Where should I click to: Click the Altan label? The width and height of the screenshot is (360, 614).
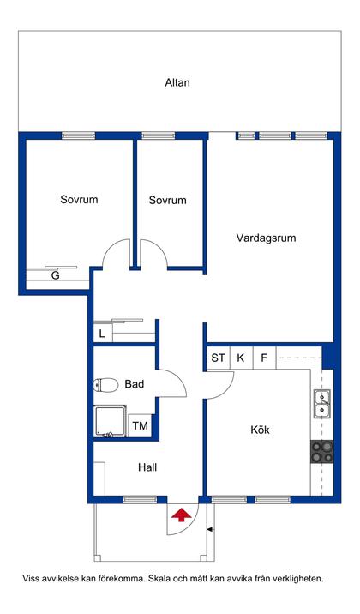point(177,83)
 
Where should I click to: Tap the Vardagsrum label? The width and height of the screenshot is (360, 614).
point(266,238)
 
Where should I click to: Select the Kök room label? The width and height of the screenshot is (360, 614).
point(260,429)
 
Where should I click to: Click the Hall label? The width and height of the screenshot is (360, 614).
point(147,467)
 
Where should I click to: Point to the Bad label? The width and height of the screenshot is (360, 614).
point(135,384)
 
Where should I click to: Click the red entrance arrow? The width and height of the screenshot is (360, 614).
point(181,515)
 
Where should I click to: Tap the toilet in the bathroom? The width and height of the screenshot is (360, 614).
point(107,385)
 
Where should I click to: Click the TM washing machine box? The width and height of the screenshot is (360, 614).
point(140,425)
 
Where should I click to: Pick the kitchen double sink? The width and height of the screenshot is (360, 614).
point(322,402)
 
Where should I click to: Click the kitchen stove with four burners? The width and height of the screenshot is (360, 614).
point(322,452)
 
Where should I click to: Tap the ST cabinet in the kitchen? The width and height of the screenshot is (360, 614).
point(219,358)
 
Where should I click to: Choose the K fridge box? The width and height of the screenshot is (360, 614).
point(241,358)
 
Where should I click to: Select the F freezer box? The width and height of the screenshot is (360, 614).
point(264,358)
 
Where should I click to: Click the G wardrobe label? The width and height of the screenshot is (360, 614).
point(55,276)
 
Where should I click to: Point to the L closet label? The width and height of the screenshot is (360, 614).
point(102,333)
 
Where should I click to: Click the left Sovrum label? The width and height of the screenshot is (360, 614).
point(79,200)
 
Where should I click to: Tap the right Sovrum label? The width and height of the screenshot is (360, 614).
point(167,200)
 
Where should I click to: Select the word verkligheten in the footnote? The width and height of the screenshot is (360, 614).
point(295,578)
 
